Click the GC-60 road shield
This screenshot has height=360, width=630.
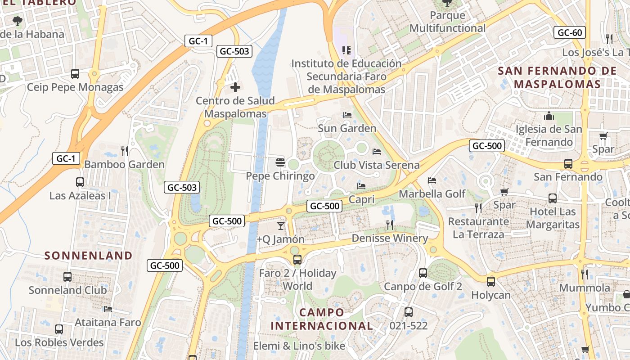click(570, 32)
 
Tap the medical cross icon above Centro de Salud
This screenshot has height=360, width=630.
click(235, 87)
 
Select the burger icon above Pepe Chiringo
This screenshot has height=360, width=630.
click(280, 162)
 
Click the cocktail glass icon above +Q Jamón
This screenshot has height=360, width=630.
click(281, 225)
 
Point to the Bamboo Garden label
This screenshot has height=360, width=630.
click(125, 164)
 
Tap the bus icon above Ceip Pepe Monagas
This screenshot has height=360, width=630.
click(75, 73)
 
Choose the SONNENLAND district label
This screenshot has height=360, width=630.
click(89, 256)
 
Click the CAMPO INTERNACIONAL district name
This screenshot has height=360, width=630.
click(322, 319)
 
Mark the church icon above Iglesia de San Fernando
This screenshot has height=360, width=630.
click(549, 116)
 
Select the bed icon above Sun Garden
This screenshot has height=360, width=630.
click(347, 115)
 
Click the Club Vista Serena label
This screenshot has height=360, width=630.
click(376, 165)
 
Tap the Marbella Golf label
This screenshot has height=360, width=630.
click(432, 194)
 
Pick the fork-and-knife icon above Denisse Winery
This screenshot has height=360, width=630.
click(390, 225)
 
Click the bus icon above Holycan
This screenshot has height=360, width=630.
click(490, 282)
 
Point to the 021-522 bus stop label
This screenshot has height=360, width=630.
click(409, 325)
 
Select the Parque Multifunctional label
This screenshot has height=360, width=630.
click(447, 22)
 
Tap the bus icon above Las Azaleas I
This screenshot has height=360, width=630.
click(80, 182)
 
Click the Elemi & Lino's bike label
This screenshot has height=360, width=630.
click(299, 346)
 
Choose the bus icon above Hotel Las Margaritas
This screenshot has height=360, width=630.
click(552, 198)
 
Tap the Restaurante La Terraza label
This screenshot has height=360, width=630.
click(478, 228)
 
